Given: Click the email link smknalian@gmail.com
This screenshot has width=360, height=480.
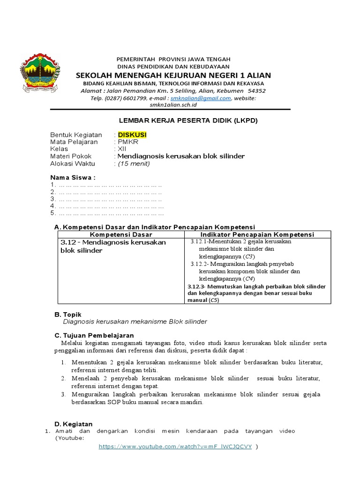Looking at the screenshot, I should (201, 98).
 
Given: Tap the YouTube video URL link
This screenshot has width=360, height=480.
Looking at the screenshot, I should (175, 447).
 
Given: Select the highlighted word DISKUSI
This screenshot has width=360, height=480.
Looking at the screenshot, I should (132, 135).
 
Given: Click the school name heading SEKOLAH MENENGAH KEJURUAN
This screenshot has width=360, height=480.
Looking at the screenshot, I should (173, 75).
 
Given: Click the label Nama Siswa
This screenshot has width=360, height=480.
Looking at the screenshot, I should (73, 178).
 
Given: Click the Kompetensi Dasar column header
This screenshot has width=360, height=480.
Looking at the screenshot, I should (121, 234).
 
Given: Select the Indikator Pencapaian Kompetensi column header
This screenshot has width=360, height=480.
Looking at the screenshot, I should (257, 234).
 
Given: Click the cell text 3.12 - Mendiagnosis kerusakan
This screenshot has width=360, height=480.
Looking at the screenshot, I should (113, 242).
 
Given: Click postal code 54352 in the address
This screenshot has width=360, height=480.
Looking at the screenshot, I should (256, 91).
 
